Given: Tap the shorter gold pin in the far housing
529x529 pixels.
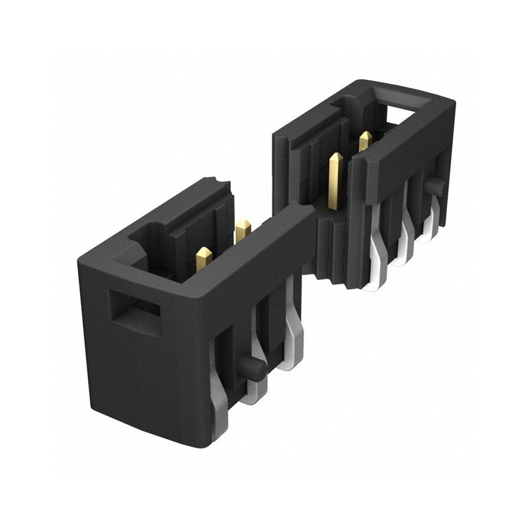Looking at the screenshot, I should tap(364, 142).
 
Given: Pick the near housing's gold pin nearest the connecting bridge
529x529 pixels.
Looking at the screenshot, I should tap(242, 230).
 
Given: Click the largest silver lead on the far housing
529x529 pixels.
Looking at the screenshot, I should tap(378, 258).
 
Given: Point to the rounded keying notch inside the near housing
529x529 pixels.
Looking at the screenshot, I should tap(149, 235).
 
